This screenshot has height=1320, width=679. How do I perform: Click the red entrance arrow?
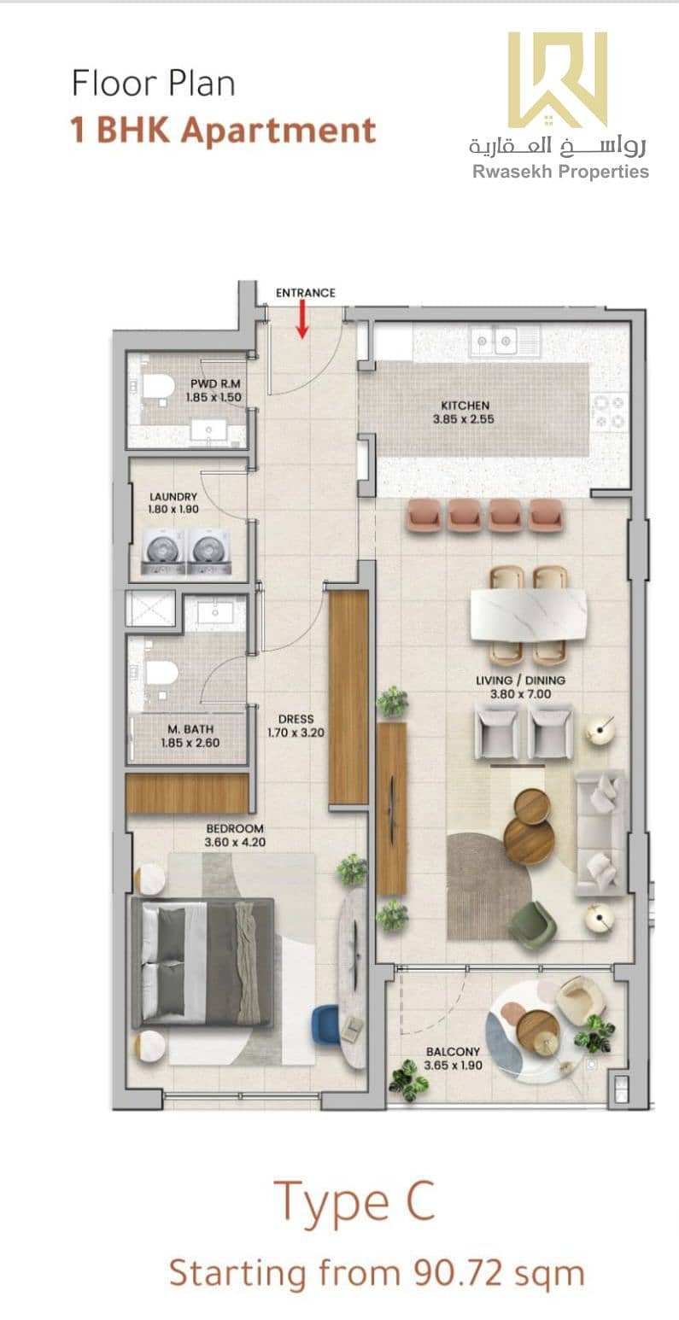pos(302,319)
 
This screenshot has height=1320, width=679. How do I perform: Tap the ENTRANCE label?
pos(305,293)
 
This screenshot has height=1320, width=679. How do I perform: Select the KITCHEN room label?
pos(465,406)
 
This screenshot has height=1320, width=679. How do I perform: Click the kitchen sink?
pos(494,342)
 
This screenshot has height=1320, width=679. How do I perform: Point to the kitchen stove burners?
pos(610,412)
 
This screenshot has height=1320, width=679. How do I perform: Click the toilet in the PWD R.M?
pos(155,387)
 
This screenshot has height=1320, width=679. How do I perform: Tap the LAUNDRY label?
pos(173,497)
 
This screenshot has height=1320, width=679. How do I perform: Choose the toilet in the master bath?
pos(157,673)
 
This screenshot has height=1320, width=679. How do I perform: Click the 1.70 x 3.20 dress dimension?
pos(296,733)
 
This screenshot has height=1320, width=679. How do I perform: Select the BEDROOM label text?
pos(235,828)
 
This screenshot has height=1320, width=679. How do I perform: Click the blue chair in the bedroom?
pos(325,1027)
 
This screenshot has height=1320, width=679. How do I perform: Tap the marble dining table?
pos(529,616)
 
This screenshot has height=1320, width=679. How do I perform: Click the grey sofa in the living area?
pos(600,833)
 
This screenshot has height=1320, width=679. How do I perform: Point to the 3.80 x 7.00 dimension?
pos(520,694)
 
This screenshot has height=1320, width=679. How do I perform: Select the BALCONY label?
pos(453,1051)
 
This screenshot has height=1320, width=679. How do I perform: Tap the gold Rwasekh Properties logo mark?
pos(558,79)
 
